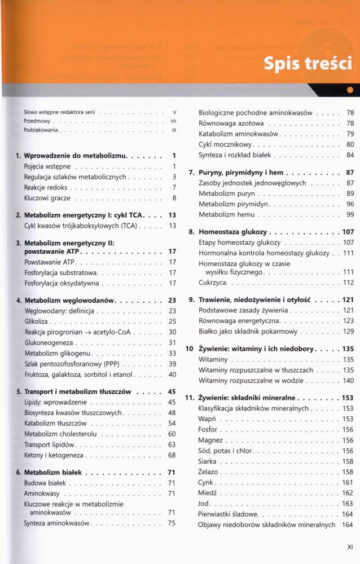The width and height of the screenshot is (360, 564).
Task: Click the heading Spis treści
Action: tap(308, 64)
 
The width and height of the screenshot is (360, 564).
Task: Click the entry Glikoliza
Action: tap(37, 321)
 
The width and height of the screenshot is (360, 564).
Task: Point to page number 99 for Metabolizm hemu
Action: tap(350, 214)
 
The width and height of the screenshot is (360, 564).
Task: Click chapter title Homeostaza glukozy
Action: tap(234, 232)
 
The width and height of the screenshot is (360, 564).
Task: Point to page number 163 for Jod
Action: tap(348, 503)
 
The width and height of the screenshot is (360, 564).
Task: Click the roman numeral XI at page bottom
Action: tap(349, 546)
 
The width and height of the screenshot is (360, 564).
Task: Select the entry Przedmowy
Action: tap(37, 121)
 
